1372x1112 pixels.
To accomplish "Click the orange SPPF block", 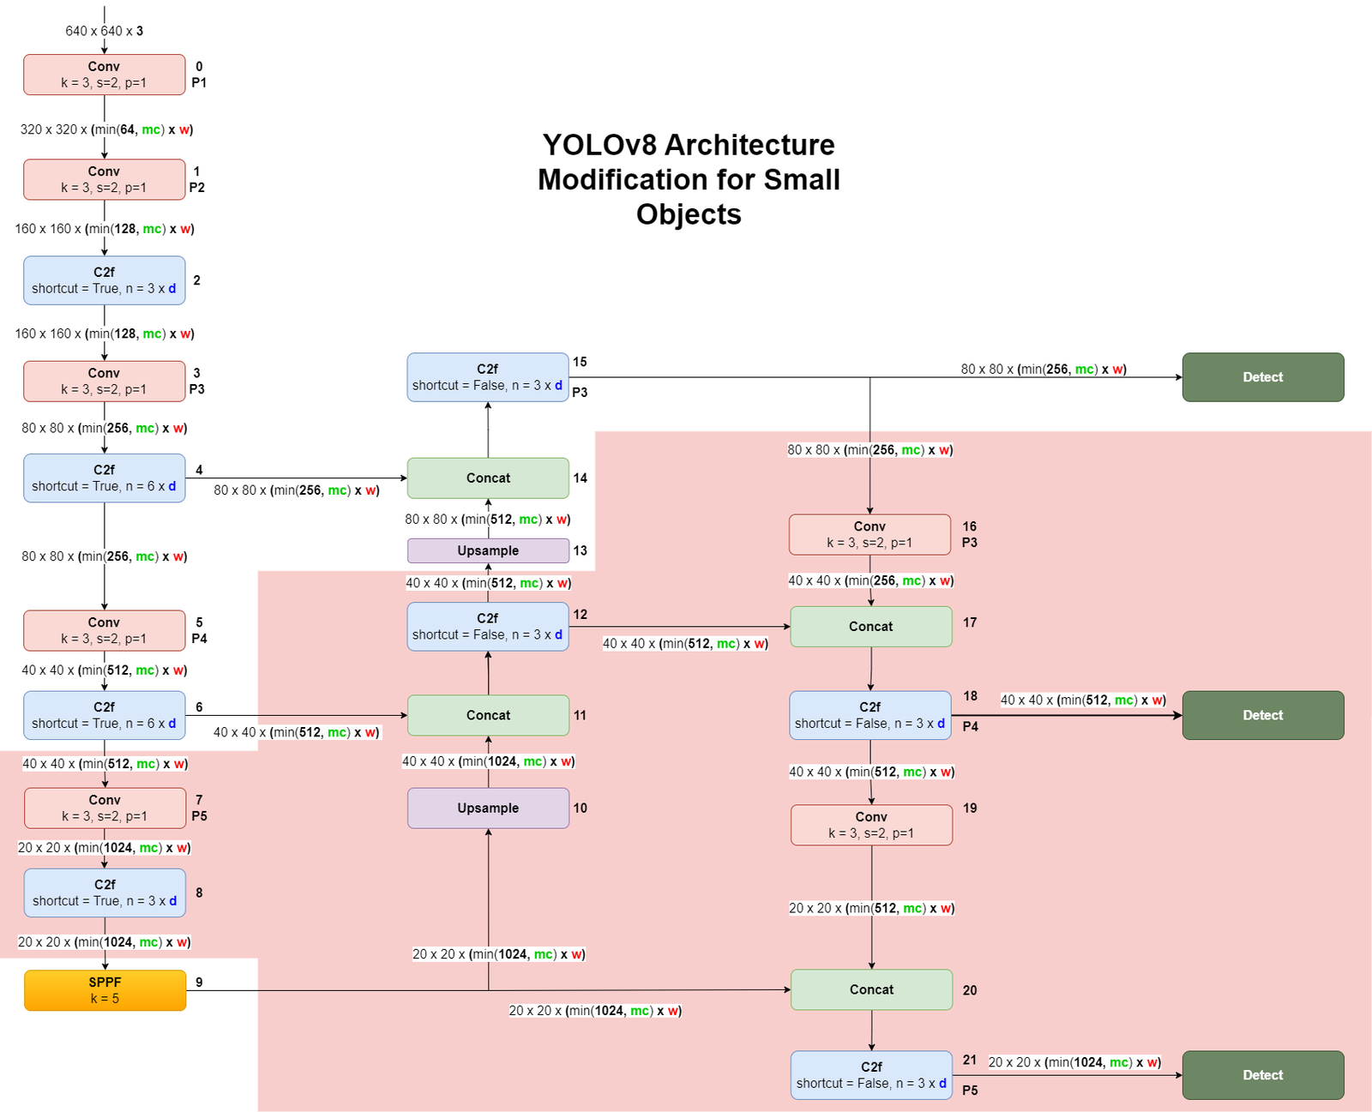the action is [105, 990].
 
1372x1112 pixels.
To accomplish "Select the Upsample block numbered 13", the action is [488, 550].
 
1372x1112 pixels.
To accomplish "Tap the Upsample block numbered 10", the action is [488, 808].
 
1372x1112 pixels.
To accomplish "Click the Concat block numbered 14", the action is [488, 478].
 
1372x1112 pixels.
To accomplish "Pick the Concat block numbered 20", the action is [871, 989].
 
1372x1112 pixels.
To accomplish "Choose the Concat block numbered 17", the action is [870, 627].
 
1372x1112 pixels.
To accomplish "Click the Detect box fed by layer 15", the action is [1262, 377].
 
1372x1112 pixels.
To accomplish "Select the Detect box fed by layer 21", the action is [1262, 1075].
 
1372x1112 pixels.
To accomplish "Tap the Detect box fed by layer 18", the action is [1262, 715].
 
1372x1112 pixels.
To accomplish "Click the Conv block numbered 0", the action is [104, 75].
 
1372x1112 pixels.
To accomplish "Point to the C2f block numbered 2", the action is [104, 280].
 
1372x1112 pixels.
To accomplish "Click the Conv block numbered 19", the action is [871, 825].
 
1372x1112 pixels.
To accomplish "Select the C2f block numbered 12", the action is [487, 627].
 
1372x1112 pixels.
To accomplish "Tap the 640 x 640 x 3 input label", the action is [105, 31].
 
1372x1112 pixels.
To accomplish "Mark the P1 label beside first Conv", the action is [199, 83].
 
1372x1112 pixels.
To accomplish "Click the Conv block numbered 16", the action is [870, 534].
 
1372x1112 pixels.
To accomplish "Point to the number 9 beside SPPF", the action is [199, 983].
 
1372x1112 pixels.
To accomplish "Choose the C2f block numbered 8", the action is [105, 893].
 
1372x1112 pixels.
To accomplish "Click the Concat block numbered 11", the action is [488, 715].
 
